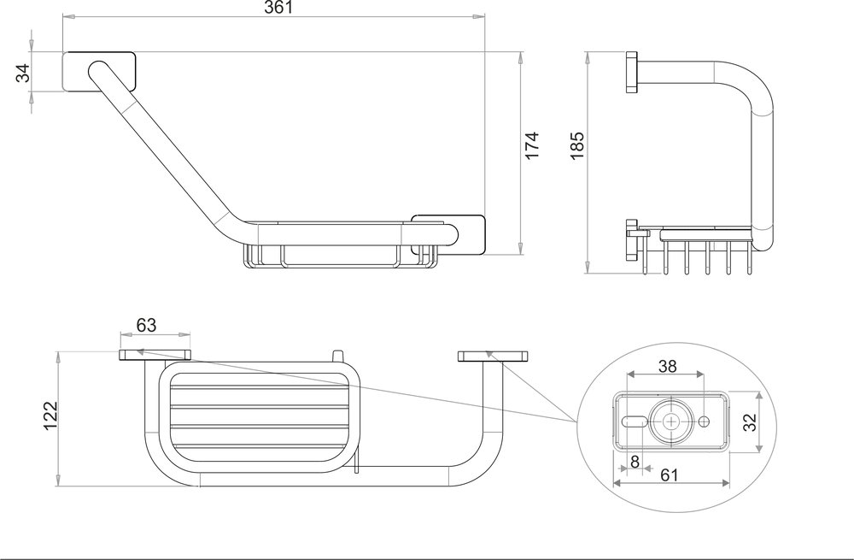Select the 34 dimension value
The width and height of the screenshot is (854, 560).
[x=24, y=73]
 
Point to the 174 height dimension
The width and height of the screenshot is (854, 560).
[x=531, y=146]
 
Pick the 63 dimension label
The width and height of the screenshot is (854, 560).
[x=146, y=326]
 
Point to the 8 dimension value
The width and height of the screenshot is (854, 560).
[x=634, y=461]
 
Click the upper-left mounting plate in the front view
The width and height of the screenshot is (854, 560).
[x=99, y=73]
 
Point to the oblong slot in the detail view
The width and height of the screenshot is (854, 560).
[x=635, y=421]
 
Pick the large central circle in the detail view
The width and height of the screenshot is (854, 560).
[x=670, y=421]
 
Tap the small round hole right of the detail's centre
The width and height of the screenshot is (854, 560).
[x=705, y=421]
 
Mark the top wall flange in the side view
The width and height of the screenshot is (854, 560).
[x=632, y=74]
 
